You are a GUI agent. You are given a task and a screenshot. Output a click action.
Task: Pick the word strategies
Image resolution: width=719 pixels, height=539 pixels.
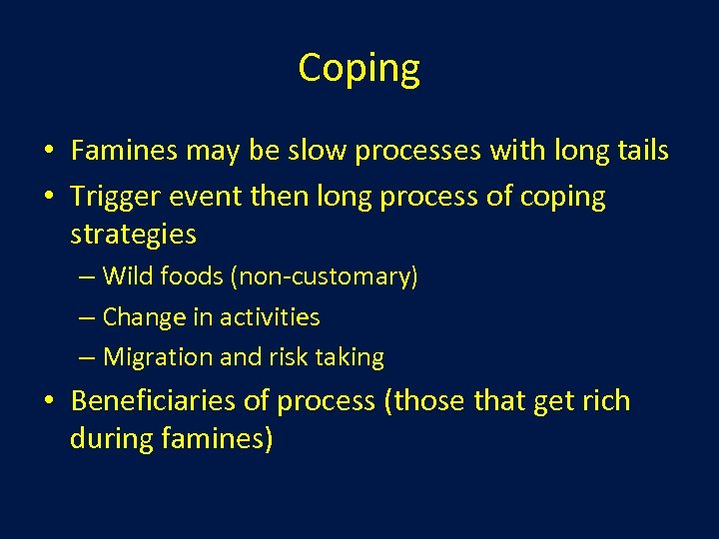point(133,235)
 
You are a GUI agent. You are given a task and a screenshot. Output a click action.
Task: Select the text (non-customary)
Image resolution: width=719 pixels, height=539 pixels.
point(324,277)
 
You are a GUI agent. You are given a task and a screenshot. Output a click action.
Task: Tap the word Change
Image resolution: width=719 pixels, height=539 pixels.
point(143,317)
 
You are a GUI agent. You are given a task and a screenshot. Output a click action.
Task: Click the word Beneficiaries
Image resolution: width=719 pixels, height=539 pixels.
point(155,401)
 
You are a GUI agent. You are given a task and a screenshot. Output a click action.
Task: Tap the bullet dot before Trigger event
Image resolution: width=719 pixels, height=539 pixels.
point(48,198)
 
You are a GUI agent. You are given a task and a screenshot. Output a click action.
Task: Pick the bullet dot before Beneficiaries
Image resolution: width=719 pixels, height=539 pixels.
point(48,402)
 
